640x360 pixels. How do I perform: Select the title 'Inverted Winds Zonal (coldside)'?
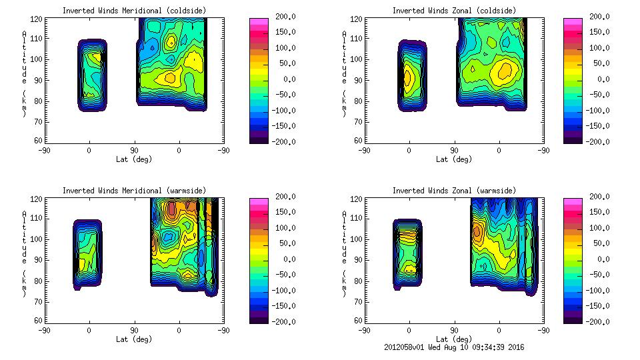(454, 11)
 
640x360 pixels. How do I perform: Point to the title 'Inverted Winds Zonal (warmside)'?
(454, 191)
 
